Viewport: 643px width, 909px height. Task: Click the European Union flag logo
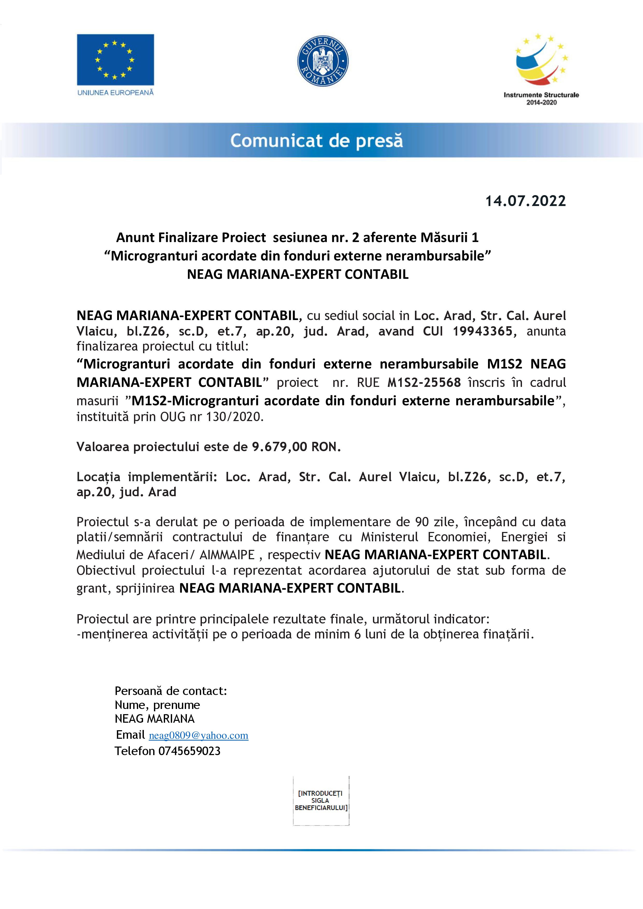[x=115, y=59]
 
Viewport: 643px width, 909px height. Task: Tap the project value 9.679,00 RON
[x=296, y=447]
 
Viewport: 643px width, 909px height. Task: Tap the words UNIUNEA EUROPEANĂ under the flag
[x=115, y=93]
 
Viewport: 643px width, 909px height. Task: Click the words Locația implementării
[x=146, y=477]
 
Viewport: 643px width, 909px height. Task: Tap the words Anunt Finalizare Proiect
[x=191, y=238]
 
